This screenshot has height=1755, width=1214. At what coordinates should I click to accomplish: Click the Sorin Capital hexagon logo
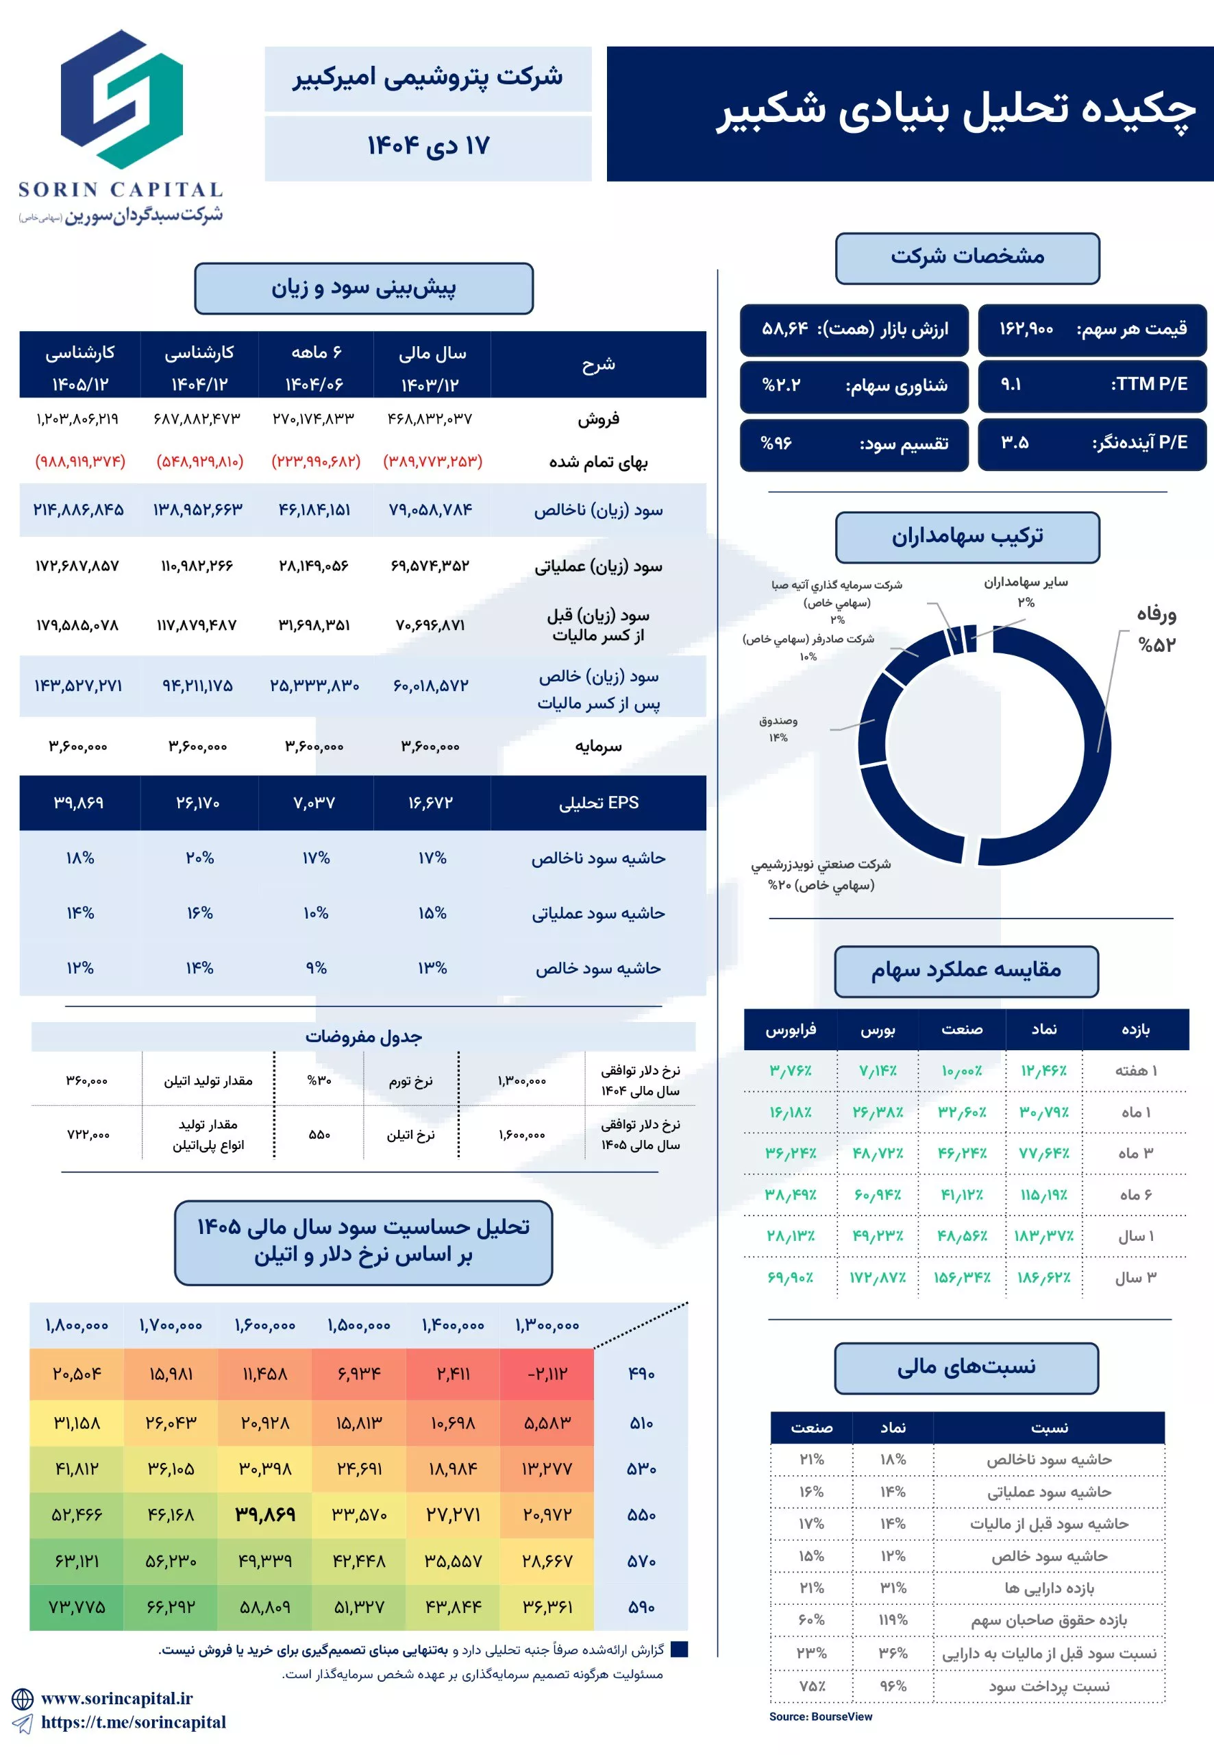tap(122, 99)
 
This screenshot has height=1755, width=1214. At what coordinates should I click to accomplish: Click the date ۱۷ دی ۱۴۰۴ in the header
tap(428, 146)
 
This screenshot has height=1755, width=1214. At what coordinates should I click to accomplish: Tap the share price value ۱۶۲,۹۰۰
tap(1026, 329)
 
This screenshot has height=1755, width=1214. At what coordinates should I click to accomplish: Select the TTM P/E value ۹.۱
tap(1011, 384)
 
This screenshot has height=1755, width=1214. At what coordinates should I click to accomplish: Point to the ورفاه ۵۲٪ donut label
tap(1156, 629)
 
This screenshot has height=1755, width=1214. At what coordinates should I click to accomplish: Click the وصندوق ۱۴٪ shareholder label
tap(778, 728)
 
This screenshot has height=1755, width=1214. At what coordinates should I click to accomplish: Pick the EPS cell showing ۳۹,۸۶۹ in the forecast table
tap(78, 802)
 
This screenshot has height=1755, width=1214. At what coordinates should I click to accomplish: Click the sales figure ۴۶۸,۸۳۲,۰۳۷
tap(430, 419)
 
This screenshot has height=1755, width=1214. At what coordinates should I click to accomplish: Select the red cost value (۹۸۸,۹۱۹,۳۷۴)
tap(80, 461)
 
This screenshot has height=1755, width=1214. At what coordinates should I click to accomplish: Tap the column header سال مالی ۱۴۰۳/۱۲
tap(432, 367)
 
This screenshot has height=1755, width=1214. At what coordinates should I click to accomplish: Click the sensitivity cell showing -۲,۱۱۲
tap(547, 1374)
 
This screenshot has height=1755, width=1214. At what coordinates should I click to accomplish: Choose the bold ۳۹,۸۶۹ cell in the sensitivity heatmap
tap(264, 1514)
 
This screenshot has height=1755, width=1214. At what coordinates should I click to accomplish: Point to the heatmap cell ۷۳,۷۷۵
tap(77, 1607)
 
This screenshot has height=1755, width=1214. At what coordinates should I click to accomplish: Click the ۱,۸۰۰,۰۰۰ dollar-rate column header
tap(77, 1325)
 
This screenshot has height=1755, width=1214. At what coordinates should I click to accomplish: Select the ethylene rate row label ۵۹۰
tap(641, 1608)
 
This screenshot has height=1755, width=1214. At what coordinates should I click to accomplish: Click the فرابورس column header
tap(791, 1029)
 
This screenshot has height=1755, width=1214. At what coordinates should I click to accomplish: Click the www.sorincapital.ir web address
tap(116, 1698)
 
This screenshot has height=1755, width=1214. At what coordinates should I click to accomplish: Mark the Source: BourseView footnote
tap(820, 1716)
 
